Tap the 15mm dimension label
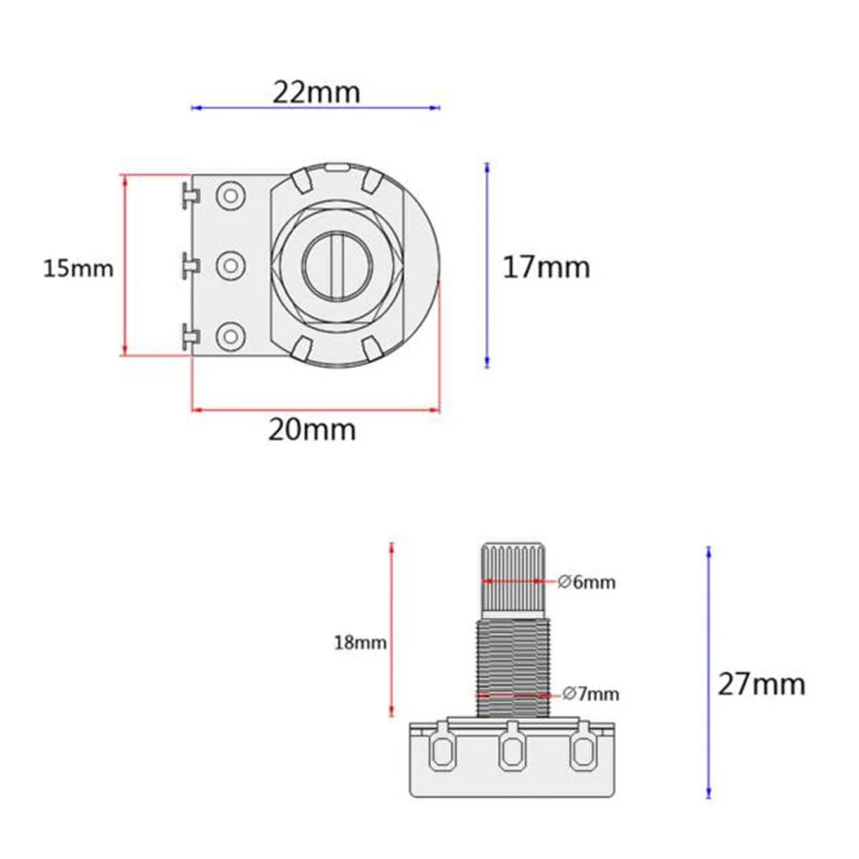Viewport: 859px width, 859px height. [78, 268]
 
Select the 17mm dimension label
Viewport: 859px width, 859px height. [546, 267]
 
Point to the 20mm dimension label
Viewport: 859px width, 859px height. [312, 429]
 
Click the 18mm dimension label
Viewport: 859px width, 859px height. [360, 642]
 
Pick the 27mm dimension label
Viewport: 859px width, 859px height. [761, 684]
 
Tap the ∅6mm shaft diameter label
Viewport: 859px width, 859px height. [586, 582]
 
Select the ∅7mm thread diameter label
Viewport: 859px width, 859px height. [591, 694]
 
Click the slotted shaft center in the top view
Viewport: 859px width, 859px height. [338, 267]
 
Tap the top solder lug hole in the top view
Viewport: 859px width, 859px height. [231, 195]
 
